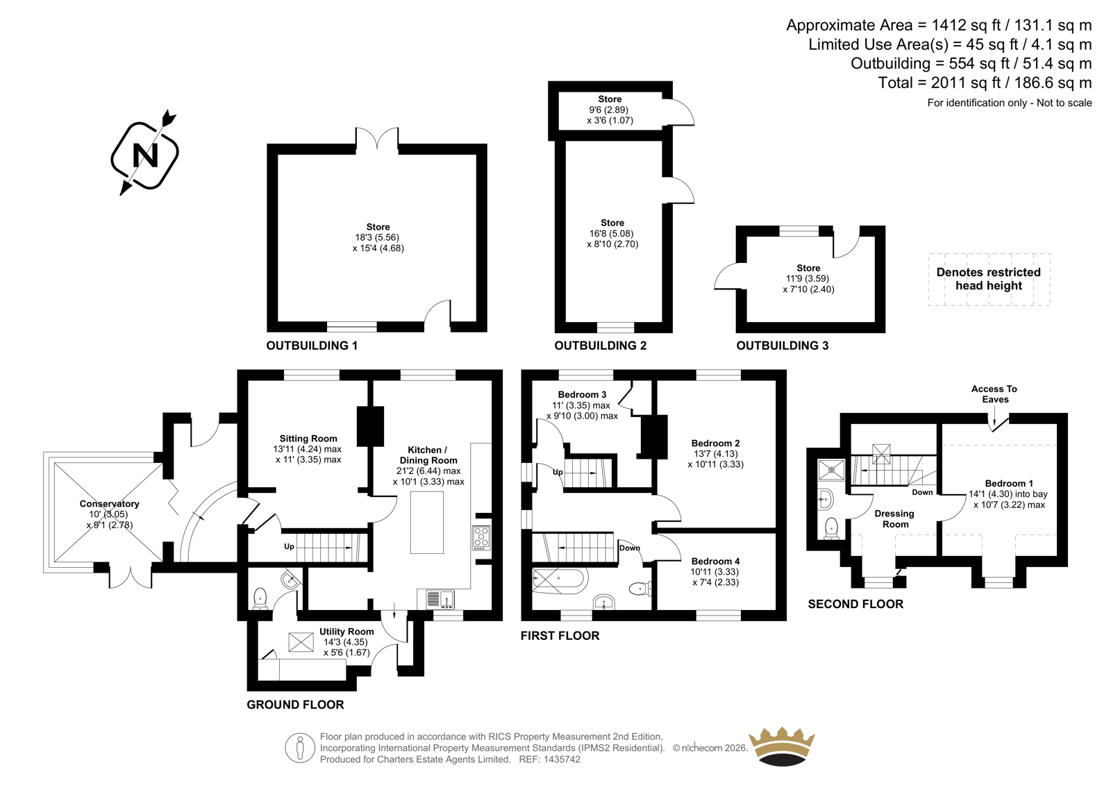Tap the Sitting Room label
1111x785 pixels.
pyautogui.click(x=308, y=439)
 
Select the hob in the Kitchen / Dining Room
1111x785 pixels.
pyautogui.click(x=481, y=537)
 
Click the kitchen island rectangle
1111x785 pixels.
pyautogui.click(x=426, y=522)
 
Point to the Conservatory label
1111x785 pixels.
pyautogui.click(x=109, y=503)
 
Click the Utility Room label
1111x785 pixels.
pyautogui.click(x=346, y=632)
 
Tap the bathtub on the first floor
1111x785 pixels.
pyautogui.click(x=560, y=581)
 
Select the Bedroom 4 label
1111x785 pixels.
pyautogui.click(x=716, y=561)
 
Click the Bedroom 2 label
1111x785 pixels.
pyautogui.click(x=716, y=443)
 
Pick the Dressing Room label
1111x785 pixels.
pyautogui.click(x=895, y=518)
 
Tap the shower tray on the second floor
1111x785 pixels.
pyautogui.click(x=830, y=470)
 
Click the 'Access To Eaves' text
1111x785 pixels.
pyautogui.click(x=994, y=394)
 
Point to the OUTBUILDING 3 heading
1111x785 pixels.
pyautogui.click(x=782, y=346)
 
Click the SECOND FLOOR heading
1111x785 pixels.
pyautogui.click(x=855, y=604)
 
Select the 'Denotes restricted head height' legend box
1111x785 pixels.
pyautogui.click(x=989, y=279)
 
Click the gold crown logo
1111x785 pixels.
pyautogui.click(x=782, y=747)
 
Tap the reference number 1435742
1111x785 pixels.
pyautogui.click(x=561, y=759)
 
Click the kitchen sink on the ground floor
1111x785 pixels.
pyautogui.click(x=440, y=599)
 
